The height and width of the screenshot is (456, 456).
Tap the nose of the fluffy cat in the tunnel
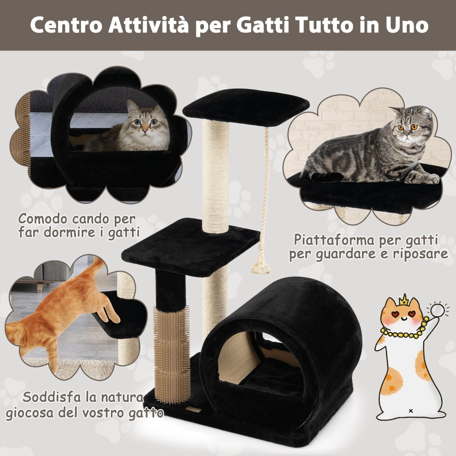(x=145, y=130)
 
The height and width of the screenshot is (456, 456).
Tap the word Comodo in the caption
(x=44, y=219)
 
